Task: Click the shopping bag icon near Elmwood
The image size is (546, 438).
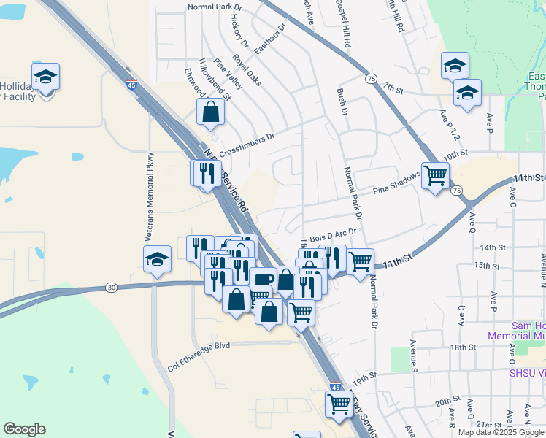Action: click(210, 112)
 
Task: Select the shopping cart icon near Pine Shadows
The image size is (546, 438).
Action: click(435, 175)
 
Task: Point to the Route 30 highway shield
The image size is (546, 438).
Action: click(111, 288)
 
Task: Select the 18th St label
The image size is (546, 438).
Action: click(463, 347)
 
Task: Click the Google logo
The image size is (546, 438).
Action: click(24, 429)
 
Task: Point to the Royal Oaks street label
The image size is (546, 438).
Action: click(247, 69)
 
